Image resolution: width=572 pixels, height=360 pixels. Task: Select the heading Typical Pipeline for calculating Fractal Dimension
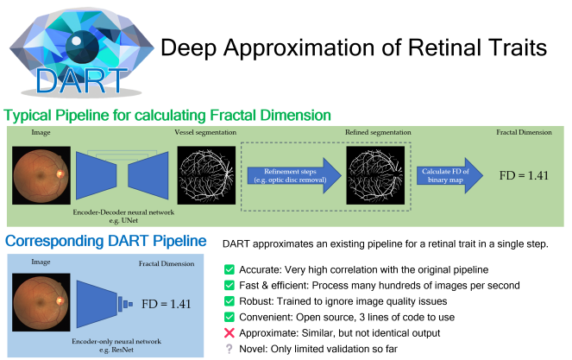pyautogui.click(x=167, y=115)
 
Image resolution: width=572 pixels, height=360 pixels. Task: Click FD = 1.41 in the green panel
pyautogui.click(x=525, y=175)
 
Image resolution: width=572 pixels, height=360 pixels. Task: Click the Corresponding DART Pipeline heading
pyautogui.click(x=106, y=241)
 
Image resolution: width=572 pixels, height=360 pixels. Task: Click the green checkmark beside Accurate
pyautogui.click(x=229, y=269)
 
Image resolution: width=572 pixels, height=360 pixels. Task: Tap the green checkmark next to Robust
pyautogui.click(x=229, y=301)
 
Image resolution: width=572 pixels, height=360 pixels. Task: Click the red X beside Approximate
pyautogui.click(x=229, y=333)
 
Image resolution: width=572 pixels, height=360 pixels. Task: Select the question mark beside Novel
pyautogui.click(x=229, y=349)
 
